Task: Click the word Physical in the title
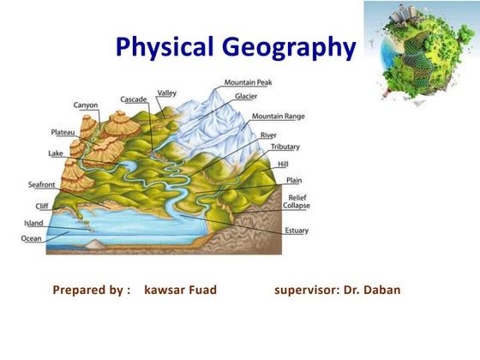(x=162, y=47)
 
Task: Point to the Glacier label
(x=234, y=97)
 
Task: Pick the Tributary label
(x=285, y=147)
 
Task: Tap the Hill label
(x=283, y=163)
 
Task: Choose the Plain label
(x=293, y=181)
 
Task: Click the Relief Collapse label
(x=297, y=201)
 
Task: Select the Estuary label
(x=297, y=231)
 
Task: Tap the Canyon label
(x=86, y=105)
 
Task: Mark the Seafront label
(x=44, y=184)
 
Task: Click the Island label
(x=33, y=223)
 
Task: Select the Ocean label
(x=32, y=238)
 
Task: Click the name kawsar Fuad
(x=181, y=290)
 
